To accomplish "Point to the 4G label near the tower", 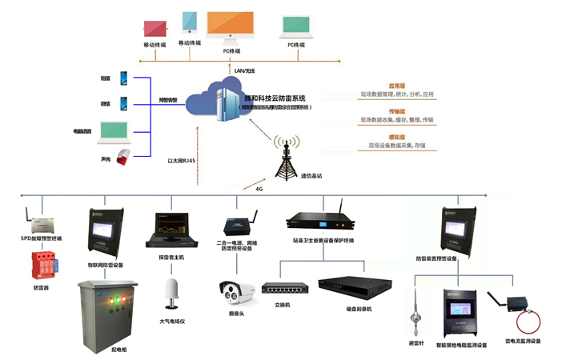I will pos(259,190).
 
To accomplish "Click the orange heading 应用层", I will pos(396,85).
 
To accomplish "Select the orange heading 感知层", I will pos(396,137).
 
